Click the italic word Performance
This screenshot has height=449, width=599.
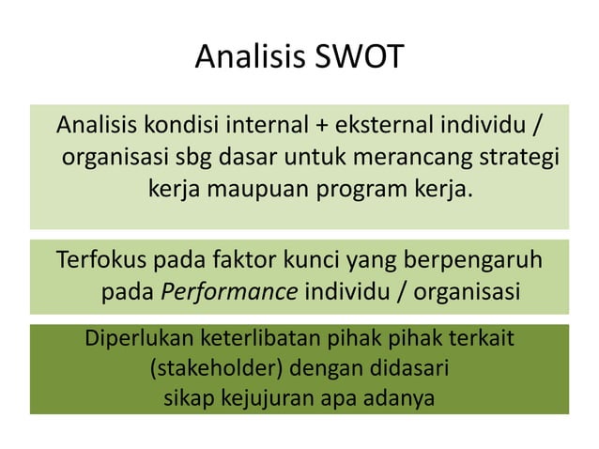[229, 291]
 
